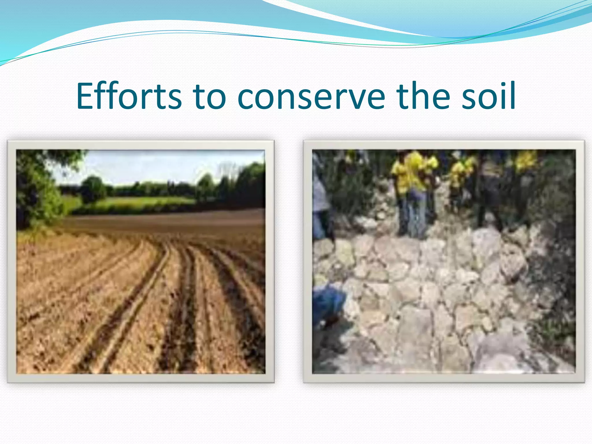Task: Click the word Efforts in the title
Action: [129, 96]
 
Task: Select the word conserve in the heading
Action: [311, 96]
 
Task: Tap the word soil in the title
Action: [489, 96]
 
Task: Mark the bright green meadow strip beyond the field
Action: [145, 201]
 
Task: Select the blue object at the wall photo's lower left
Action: [328, 304]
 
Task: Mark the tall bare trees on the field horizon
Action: [228, 171]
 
